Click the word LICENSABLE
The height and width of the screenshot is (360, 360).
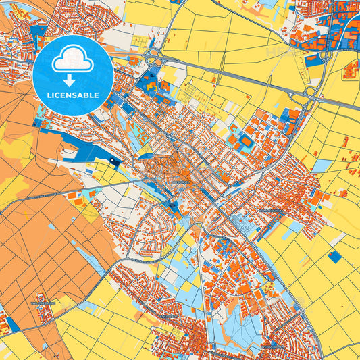click(72, 94)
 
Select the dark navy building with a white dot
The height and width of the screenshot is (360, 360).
click(113, 161)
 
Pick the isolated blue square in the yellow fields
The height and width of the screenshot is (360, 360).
click(334, 257)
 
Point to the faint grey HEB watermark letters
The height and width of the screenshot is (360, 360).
click(284, 51)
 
